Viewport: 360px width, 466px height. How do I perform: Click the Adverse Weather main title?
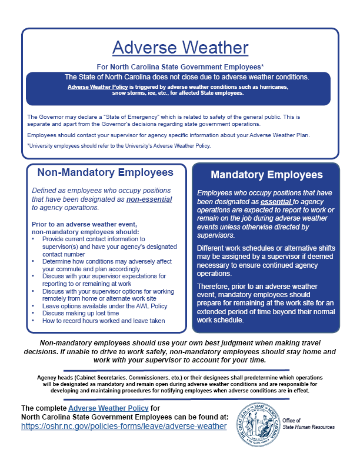point(180,47)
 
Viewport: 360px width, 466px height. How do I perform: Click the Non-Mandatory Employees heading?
point(105,172)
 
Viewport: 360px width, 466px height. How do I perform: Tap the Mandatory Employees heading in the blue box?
point(266,175)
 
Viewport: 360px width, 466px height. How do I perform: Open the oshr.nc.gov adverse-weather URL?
point(124,426)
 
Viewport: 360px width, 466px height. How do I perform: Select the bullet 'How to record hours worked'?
point(102,321)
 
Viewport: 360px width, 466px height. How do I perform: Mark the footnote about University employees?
point(118,146)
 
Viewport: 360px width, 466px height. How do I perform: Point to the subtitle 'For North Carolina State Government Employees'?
point(180,67)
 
